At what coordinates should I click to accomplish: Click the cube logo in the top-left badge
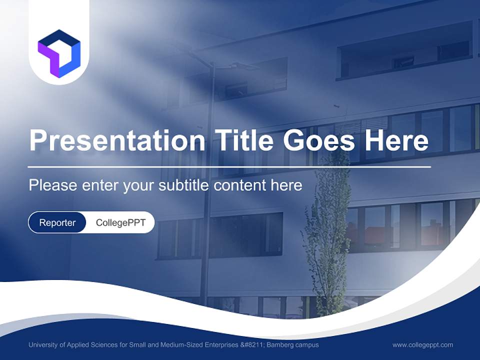click(x=59, y=53)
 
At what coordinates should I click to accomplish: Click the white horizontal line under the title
click(x=229, y=166)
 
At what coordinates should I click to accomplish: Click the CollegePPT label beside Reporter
click(x=120, y=222)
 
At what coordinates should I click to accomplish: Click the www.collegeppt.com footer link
click(x=422, y=344)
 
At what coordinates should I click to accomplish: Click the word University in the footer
click(x=43, y=344)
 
